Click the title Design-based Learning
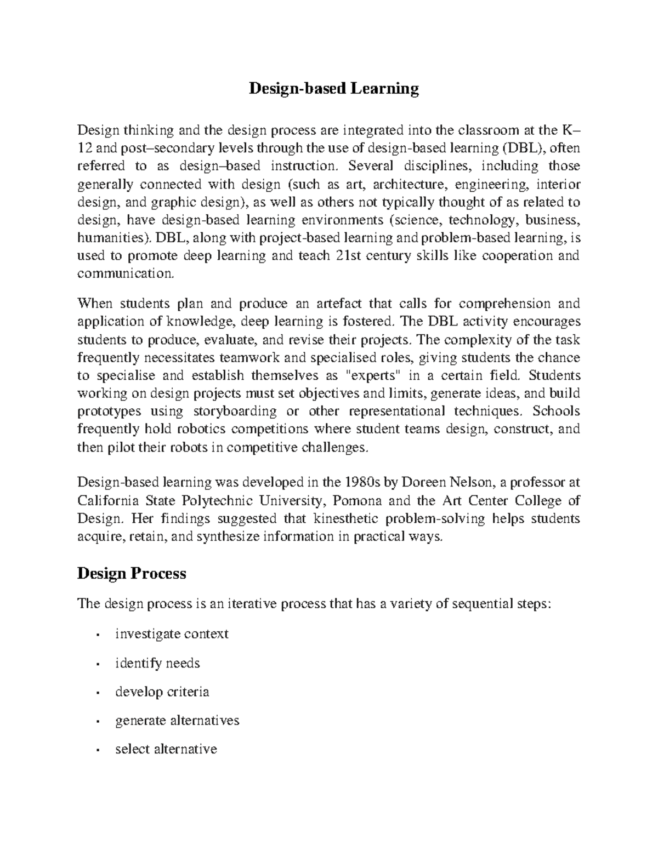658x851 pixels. point(334,88)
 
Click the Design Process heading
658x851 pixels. point(132,573)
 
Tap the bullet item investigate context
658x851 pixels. point(172,634)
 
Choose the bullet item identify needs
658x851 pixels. point(157,663)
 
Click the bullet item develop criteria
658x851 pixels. point(162,692)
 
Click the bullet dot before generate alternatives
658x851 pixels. point(97,721)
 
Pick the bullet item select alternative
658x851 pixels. point(166,749)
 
